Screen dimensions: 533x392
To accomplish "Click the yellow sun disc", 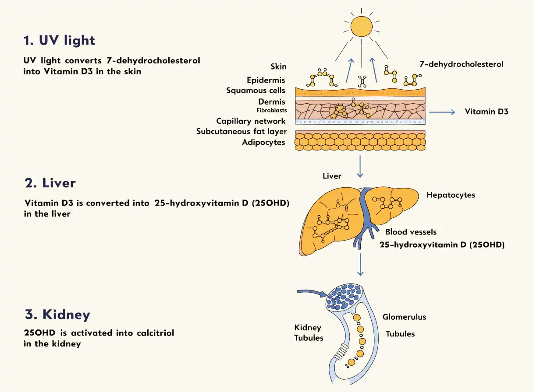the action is [361, 26].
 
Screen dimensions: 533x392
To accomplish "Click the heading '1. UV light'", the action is [59, 40].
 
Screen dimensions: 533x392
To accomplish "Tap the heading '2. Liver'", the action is [50, 183].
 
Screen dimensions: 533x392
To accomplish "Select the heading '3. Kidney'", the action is [57, 315].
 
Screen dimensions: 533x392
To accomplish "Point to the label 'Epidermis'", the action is [266, 80].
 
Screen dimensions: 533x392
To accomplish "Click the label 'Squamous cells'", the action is [256, 91].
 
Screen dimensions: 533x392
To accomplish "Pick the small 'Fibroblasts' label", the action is [271, 110].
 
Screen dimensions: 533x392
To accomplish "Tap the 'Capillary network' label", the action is [251, 121].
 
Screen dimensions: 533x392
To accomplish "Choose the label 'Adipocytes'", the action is [263, 142].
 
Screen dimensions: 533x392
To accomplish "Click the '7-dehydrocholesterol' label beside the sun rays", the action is [462, 64].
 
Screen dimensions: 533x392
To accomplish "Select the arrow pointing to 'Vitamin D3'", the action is [442, 112].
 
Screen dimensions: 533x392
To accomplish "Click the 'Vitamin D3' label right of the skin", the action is [487, 112].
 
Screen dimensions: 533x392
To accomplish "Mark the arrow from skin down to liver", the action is [360, 166].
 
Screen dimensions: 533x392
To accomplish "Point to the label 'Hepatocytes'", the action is [451, 195].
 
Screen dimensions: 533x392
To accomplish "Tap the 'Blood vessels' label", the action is [411, 232].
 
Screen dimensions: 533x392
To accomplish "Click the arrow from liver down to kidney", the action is [360, 264].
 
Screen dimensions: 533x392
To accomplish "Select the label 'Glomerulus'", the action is [404, 317].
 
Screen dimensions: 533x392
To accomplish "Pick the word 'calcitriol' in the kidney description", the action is [155, 333].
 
